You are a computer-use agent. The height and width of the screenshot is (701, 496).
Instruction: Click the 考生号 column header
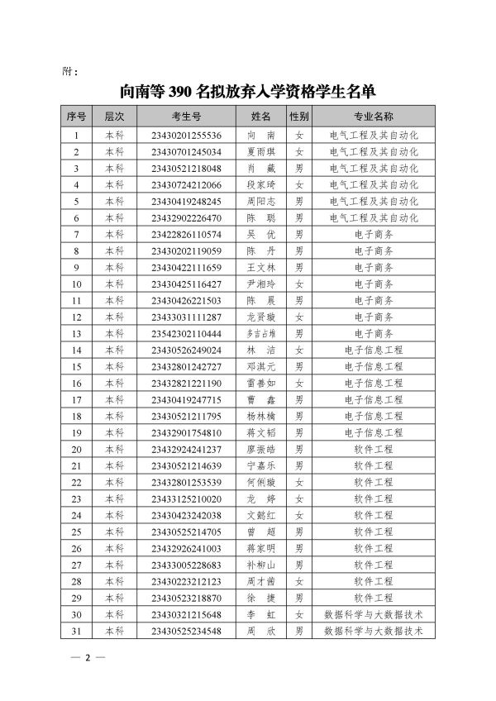pyautogui.click(x=186, y=117)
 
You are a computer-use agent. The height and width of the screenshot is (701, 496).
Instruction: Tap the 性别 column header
pyautogui.click(x=299, y=117)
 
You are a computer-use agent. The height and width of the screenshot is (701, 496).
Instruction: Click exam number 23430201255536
pyautogui.click(x=186, y=136)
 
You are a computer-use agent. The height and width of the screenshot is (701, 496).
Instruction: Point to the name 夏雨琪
pyautogui.click(x=261, y=152)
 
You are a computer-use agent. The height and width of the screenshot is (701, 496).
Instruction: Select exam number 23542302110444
pyautogui.click(x=186, y=333)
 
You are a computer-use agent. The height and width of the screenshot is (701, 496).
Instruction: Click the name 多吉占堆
pyautogui.click(x=261, y=333)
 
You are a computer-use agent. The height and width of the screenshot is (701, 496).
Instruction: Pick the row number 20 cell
pyautogui.click(x=77, y=449)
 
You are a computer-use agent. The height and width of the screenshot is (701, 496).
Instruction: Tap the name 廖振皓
pyautogui.click(x=261, y=449)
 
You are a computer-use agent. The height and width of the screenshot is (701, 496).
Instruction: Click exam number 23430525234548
pyautogui.click(x=186, y=631)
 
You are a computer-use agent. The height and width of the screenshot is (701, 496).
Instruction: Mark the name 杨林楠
pyautogui.click(x=261, y=416)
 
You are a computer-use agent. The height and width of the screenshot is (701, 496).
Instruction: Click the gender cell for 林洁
pyautogui.click(x=299, y=350)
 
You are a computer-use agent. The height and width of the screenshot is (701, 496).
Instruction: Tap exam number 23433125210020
pyautogui.click(x=186, y=498)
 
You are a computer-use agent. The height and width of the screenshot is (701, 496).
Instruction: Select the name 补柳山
pyautogui.click(x=261, y=565)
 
